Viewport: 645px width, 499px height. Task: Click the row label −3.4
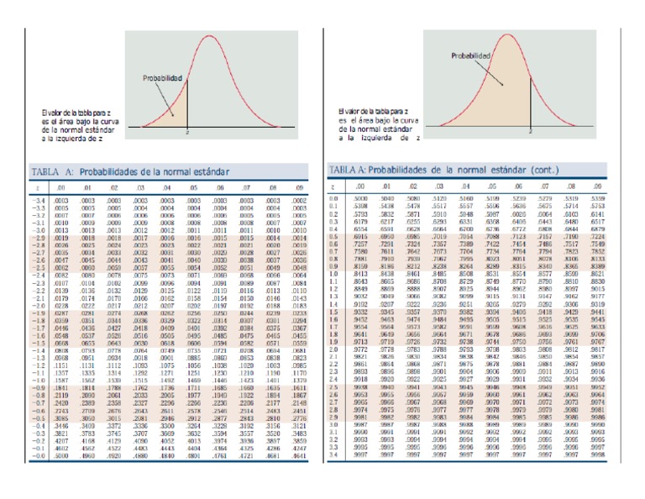coord(39,202)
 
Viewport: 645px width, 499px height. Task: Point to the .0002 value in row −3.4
coord(298,202)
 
